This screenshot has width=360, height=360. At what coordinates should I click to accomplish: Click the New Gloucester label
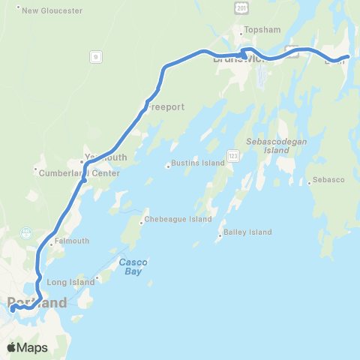[x=44, y=10]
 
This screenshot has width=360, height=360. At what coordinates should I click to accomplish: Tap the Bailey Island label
[x=247, y=232]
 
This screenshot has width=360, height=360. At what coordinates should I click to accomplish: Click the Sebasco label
[x=328, y=181]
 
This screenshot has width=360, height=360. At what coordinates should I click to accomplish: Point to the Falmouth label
[x=71, y=241]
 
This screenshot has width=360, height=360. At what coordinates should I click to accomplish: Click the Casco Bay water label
[x=133, y=266]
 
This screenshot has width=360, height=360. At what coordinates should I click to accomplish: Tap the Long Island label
[x=71, y=282]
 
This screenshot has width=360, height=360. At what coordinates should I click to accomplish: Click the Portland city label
[x=37, y=303]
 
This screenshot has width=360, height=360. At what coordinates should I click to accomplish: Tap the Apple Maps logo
[x=26, y=347]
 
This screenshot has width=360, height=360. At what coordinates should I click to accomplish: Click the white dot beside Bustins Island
[x=168, y=166]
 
